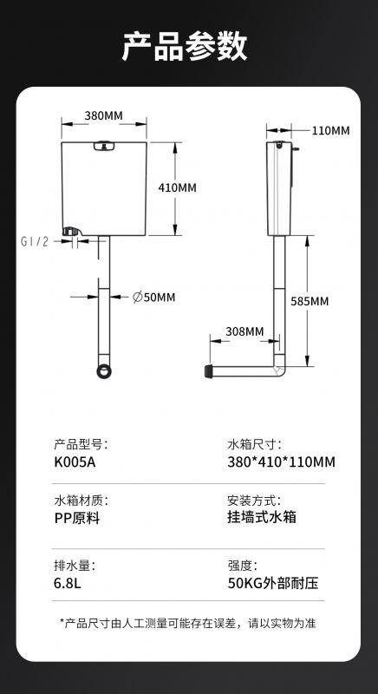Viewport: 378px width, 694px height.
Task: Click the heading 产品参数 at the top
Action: point(185,46)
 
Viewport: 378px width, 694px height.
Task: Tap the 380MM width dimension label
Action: point(103,115)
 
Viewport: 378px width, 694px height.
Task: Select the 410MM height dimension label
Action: point(177,187)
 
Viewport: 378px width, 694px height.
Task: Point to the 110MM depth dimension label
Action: point(330,131)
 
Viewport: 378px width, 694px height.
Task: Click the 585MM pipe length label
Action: point(310,301)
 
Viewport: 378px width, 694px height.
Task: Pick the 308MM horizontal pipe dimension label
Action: point(244,331)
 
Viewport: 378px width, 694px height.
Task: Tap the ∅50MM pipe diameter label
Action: point(153,298)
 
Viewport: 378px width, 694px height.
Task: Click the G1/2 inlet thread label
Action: point(35,242)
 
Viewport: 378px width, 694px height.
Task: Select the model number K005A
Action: point(75,462)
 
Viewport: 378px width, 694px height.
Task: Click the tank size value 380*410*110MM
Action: point(281,462)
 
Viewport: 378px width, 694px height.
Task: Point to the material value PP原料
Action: point(77,518)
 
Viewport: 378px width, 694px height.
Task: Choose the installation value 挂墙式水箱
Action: point(262,517)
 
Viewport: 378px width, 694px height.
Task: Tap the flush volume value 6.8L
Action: point(68,583)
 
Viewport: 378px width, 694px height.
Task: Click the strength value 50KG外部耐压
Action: point(273,583)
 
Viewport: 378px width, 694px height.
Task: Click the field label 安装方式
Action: point(254,501)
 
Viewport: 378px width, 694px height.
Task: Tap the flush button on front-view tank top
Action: point(104,146)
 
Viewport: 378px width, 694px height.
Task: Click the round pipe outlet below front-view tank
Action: point(104,371)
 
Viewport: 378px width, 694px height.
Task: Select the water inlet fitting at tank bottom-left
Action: point(71,232)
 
